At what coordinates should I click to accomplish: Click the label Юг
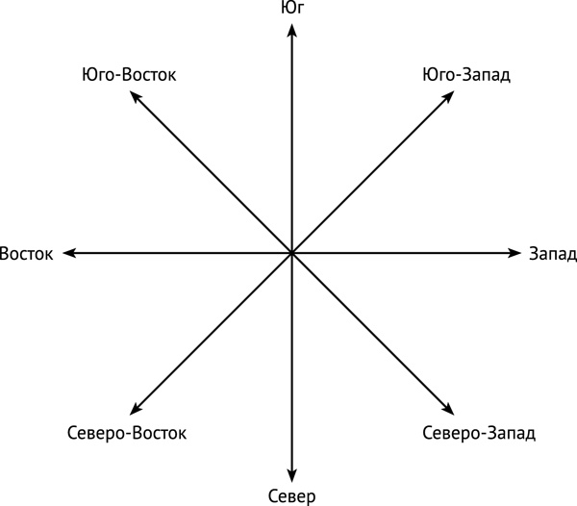coord(293,8)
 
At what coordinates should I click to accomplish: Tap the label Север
coord(291,496)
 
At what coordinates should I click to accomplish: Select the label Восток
coord(26,254)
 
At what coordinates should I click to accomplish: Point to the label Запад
coord(553,254)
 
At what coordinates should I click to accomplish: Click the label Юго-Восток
coord(129,75)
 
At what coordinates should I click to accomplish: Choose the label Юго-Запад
coord(466,75)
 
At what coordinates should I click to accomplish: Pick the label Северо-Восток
coord(127,433)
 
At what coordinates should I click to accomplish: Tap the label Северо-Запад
coord(479,433)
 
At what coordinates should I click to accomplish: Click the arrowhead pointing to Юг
coord(291,30)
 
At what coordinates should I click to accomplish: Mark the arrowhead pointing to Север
coord(291,476)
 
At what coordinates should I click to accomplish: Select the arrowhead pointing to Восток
coord(69,253)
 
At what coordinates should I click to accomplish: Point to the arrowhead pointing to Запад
coord(514,253)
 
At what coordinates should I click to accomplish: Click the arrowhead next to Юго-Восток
coord(136,96)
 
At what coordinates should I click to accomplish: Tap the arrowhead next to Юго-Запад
coord(448,96)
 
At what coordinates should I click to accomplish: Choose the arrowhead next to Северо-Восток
coord(136,410)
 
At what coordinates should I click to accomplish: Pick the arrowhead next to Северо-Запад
coord(448,410)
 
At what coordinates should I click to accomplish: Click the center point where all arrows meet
coord(291,253)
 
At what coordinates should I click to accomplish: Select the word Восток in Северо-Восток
coord(160,433)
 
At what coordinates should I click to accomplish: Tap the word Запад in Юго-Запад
coord(486,75)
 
